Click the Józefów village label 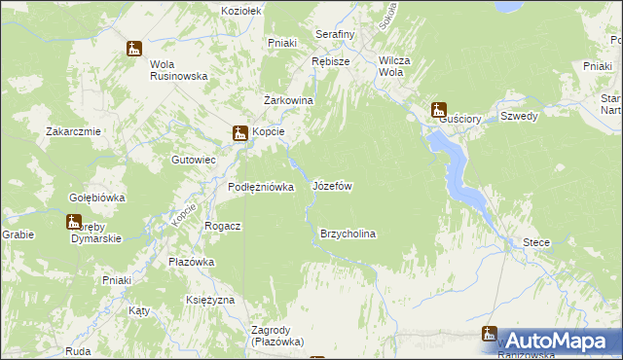[x=332, y=185]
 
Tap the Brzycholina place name [x=348, y=234]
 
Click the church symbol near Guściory [x=439, y=110]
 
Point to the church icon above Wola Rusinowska [x=134, y=48]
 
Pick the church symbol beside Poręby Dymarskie [x=75, y=222]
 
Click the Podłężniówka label [x=261, y=188]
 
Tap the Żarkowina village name [x=288, y=100]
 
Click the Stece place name [x=535, y=242]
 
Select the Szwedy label [x=519, y=115]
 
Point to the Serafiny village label [x=335, y=34]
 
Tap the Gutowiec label [x=193, y=159]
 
